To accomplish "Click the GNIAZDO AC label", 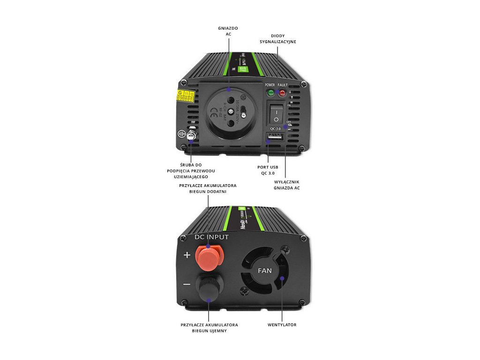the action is coord(228,31).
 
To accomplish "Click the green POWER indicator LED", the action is coord(270,93).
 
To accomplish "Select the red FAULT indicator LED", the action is coord(282,93).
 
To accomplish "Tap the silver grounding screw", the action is coord(191,136).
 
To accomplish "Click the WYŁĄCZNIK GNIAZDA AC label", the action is coord(286,185).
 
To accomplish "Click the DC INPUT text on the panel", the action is coord(212,237).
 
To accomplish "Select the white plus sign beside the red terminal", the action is coord(187,255).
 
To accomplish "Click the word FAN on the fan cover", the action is coord(265,270).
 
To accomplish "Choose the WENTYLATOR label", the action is coord(282,324).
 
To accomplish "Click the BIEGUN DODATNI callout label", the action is coord(208,188).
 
